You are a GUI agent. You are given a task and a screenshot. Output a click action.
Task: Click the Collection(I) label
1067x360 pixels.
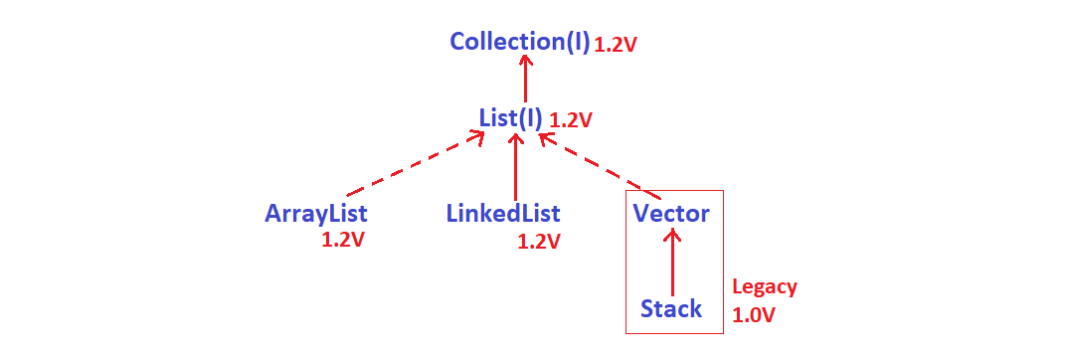tap(520, 43)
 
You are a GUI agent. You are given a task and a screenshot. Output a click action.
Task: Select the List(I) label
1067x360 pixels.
tap(511, 118)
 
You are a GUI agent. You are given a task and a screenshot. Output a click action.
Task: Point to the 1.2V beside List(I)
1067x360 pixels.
tap(571, 120)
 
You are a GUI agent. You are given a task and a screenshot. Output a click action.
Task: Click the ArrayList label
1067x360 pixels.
tap(316, 213)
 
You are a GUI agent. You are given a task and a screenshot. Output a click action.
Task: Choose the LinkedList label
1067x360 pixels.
tap(503, 213)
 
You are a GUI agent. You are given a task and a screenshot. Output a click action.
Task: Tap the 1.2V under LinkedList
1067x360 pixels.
tap(539, 241)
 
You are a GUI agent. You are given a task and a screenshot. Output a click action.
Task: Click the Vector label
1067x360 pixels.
tap(671, 213)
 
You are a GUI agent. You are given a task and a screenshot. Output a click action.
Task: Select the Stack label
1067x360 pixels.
tap(671, 308)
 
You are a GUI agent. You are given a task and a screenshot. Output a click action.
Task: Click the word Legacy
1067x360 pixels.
tap(765, 287)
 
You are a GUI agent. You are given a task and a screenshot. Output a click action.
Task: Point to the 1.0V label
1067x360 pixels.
tap(754, 315)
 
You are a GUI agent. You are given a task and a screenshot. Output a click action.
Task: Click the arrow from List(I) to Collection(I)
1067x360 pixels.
tap(525, 80)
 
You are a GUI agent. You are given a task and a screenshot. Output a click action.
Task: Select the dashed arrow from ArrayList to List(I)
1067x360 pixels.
tap(413, 165)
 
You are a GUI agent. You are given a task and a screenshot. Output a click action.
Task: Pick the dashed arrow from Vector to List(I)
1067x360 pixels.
tap(597, 163)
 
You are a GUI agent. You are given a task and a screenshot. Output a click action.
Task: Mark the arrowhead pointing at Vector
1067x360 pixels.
tap(673, 236)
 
